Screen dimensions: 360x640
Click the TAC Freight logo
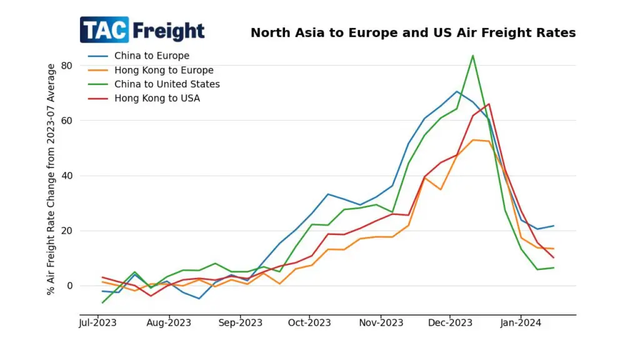[142, 30]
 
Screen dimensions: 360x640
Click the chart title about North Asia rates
[413, 32]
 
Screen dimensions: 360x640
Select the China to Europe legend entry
[151, 56]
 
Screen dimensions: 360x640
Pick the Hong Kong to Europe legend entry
[163, 70]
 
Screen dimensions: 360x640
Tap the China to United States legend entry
[167, 84]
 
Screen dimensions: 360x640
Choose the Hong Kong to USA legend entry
[157, 98]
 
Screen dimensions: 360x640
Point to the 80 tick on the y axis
[67, 66]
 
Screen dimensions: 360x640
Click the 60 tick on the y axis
[67, 121]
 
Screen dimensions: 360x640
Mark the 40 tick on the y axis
[67, 176]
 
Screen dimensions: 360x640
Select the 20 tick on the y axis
[67, 231]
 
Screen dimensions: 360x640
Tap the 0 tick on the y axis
[69, 286]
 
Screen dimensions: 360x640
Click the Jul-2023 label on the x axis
[98, 323]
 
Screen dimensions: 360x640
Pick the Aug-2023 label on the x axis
[169, 323]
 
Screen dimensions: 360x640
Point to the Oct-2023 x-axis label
[309, 323]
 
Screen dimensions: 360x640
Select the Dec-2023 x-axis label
[450, 323]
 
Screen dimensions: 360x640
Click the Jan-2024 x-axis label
[521, 323]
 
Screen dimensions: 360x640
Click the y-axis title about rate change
[51, 179]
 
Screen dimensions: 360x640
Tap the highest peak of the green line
[472, 56]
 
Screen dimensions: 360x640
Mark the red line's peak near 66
[489, 104]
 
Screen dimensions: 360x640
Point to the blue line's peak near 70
[457, 91]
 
